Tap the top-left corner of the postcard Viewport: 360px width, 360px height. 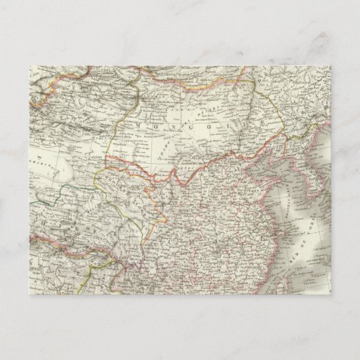coord(29,67)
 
